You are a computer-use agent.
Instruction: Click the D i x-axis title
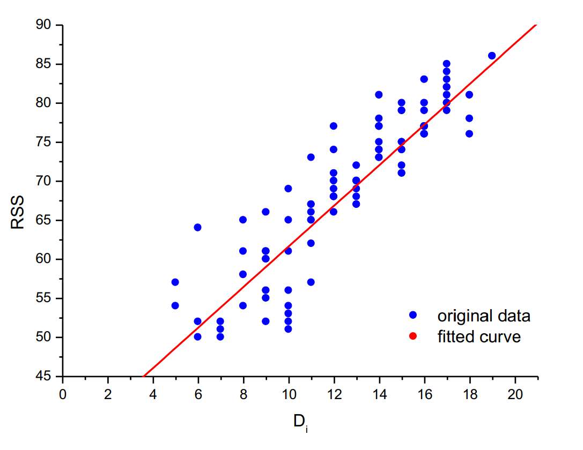[300, 422]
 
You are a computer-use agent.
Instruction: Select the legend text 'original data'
[484, 316]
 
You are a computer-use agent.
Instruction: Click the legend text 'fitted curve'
[479, 336]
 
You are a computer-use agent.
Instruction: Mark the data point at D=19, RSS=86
[492, 56]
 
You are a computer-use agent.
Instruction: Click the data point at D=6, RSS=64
[197, 228]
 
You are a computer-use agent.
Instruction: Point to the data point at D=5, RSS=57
[175, 282]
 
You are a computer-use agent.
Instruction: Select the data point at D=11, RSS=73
[311, 157]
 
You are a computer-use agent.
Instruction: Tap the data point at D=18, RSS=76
[469, 134]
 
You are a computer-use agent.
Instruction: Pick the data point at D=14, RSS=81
[379, 95]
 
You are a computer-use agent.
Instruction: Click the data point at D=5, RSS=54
[175, 306]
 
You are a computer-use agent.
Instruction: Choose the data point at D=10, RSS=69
[288, 189]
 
